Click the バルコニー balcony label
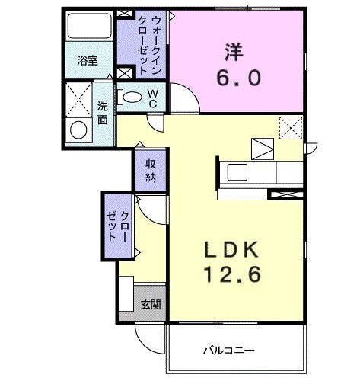click(229, 351)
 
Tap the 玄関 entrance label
click(150, 305)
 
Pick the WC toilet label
click(152, 97)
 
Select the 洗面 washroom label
click(102, 114)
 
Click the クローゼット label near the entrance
click(118, 226)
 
